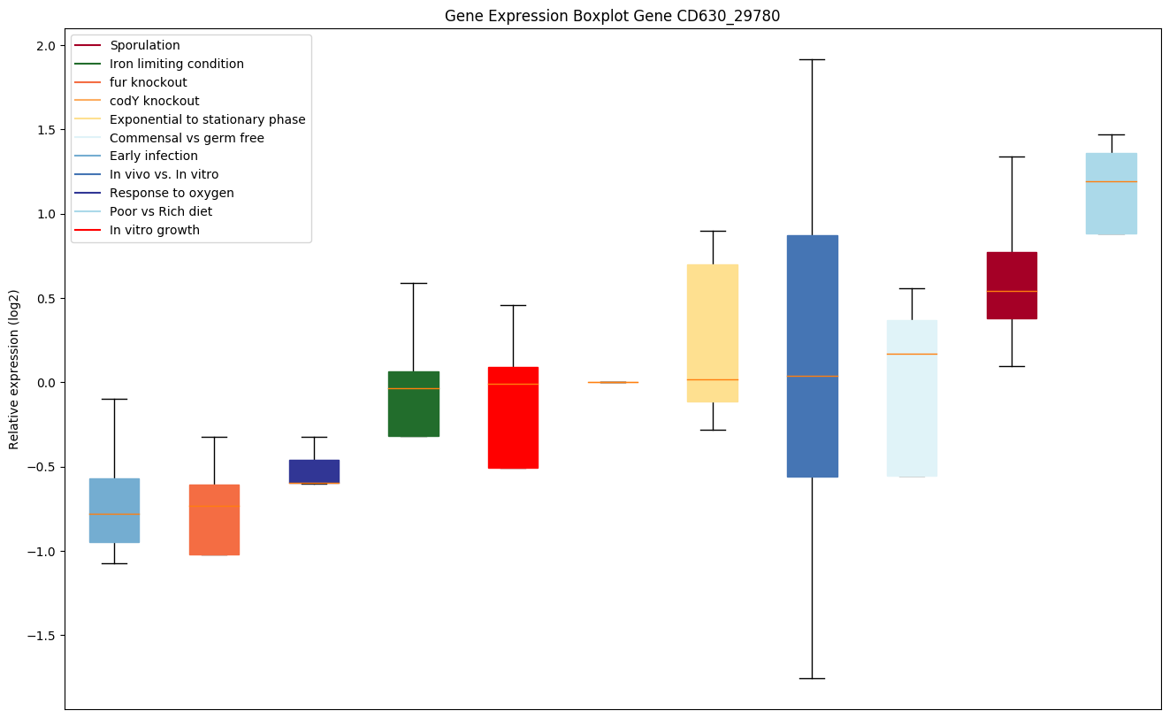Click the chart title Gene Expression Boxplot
pos(612,16)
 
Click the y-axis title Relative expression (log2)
pos(14,370)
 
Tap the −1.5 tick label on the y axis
pos(40,636)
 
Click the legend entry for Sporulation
pos(145,45)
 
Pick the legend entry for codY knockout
pos(154,101)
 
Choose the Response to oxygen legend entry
pos(172,193)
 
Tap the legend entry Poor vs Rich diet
pos(161,211)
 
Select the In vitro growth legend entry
pos(155,230)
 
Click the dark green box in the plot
pos(414,404)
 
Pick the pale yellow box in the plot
pos(713,333)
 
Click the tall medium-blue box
pos(812,356)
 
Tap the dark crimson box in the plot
pos(1012,286)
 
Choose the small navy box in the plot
pos(314,471)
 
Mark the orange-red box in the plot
pos(214,520)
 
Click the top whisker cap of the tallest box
pos(812,59)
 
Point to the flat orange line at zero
pos(613,382)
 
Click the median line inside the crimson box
pos(1012,291)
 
